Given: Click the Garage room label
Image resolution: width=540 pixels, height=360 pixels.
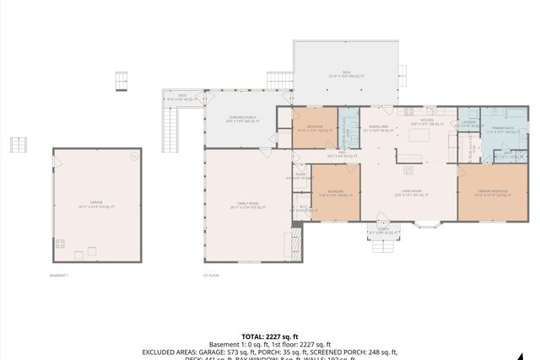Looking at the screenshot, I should click(94, 206).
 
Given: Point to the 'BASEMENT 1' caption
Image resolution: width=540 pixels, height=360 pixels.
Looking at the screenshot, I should click(59, 275).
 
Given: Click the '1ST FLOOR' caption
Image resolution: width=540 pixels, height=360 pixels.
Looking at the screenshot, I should click(211, 275).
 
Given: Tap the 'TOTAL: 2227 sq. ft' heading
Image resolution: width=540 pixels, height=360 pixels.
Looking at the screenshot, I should click(269, 334).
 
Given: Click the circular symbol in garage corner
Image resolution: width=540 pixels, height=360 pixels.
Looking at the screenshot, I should click(132, 156).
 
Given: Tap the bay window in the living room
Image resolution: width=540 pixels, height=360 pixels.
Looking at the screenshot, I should click(426, 224).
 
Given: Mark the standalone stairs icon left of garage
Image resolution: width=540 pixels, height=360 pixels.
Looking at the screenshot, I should click(19, 144).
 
